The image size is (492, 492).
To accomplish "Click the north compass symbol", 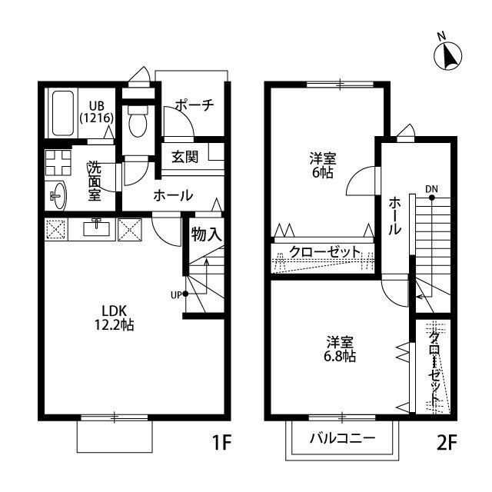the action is [447, 55].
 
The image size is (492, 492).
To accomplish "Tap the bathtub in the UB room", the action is [63, 113].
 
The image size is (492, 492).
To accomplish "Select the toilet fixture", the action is [138, 121].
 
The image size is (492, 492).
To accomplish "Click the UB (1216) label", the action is [96, 111].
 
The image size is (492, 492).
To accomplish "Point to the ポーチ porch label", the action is [194, 105].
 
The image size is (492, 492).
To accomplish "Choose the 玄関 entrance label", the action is [185, 157].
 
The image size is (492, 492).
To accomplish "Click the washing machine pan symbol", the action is [58, 162].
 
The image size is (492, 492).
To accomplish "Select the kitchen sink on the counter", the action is [96, 228].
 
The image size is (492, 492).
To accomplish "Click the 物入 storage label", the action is [207, 234].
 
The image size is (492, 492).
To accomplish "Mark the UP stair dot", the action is [185, 294].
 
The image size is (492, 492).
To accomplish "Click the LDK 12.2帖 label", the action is [115, 317].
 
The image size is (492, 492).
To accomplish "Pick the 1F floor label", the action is [221, 443].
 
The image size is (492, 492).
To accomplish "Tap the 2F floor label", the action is [447, 443].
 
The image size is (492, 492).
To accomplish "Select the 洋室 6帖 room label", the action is [323, 165].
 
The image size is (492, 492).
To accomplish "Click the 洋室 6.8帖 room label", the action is [340, 349].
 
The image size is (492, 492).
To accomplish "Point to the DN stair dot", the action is [432, 198].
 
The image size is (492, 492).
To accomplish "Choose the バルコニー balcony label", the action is [342, 438].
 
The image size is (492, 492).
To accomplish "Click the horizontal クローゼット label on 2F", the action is [324, 252].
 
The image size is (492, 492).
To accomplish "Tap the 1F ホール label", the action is [173, 195].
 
